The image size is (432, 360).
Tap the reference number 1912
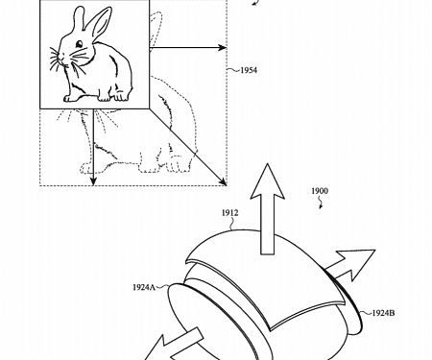pos(230,212)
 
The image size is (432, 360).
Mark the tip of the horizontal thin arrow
pos(227,46)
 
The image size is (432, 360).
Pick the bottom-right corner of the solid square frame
pos(146,107)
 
